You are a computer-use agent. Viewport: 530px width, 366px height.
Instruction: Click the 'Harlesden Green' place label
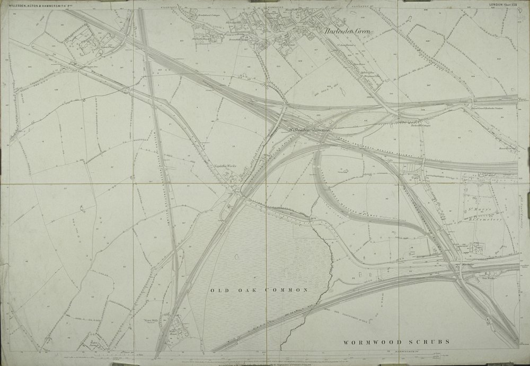(x=348, y=31)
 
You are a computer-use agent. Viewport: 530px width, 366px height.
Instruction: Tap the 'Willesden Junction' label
(x=310, y=130)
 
